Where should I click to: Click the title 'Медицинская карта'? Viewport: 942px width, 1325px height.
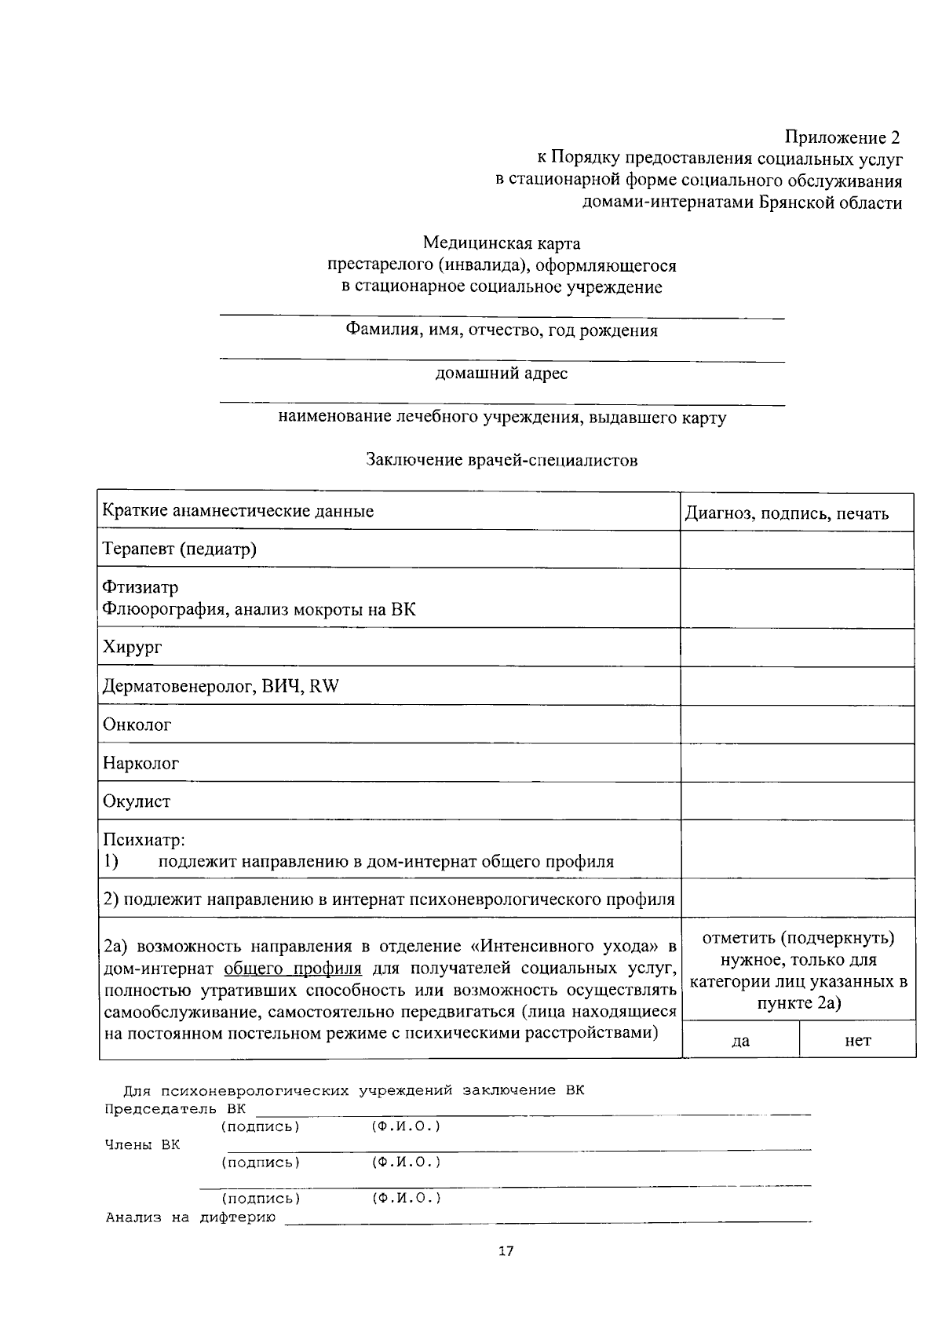point(502,243)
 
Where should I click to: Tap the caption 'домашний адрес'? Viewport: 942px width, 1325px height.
point(502,374)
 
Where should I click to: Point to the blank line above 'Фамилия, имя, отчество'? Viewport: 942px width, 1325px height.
point(502,317)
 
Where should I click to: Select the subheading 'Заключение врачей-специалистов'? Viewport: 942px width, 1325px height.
point(502,460)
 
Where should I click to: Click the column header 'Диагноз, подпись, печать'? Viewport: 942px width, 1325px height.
point(787,513)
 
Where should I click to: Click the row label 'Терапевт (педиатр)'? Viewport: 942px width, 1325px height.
point(180,549)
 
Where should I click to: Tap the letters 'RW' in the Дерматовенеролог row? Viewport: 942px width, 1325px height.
point(324,686)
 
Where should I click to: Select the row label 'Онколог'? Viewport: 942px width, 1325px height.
point(137,725)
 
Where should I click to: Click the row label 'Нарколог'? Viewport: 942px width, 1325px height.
point(141,763)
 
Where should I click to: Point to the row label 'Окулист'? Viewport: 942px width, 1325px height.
point(137,801)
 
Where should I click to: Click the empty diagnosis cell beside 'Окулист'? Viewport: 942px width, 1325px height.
point(797,801)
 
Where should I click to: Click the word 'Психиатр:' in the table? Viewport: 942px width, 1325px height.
point(144,841)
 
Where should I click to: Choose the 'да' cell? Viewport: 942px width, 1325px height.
point(740,1041)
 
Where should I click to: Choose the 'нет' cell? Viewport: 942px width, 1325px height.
point(857,1041)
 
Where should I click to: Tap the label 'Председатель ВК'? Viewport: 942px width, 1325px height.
point(175,1109)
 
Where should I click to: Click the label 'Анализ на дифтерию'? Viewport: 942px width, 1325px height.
point(191,1218)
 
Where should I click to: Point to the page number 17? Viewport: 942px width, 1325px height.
point(506,1251)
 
